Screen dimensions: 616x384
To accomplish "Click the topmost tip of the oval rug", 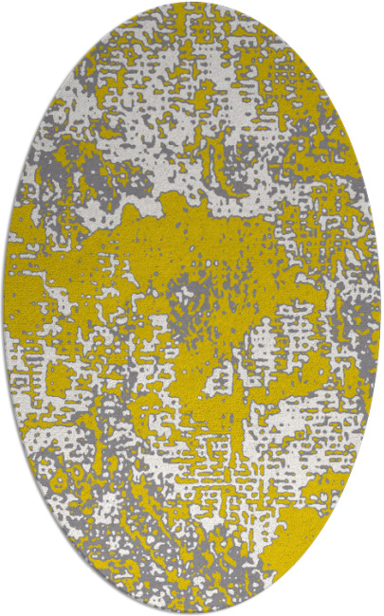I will [192, 3].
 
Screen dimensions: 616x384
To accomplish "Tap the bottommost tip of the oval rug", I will [192, 613].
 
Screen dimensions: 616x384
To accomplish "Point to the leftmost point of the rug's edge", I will [4, 308].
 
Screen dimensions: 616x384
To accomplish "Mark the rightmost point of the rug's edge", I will [380, 308].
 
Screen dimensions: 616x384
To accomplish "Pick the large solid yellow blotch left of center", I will [114, 256].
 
